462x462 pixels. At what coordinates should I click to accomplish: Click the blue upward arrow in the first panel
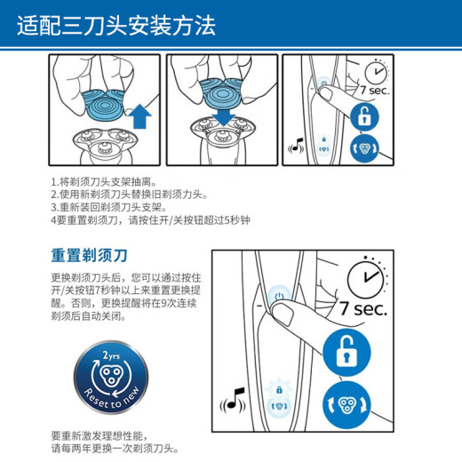(140, 117)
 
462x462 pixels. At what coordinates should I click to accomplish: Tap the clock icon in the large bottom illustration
(367, 278)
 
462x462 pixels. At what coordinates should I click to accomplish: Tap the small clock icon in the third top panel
(376, 72)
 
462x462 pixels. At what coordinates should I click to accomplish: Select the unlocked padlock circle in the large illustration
(346, 353)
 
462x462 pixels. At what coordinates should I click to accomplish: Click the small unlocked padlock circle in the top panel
(364, 116)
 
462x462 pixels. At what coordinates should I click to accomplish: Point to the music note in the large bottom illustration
(233, 401)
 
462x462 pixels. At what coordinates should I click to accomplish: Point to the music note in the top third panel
(296, 146)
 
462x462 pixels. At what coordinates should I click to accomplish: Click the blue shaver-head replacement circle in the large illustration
(346, 405)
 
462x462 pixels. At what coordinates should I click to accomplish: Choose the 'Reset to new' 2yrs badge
(111, 377)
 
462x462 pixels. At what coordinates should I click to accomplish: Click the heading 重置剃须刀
(90, 256)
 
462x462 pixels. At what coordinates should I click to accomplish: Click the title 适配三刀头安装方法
(116, 26)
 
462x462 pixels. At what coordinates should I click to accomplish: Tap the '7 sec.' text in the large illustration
(363, 308)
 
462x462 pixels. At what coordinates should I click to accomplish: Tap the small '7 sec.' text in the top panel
(374, 90)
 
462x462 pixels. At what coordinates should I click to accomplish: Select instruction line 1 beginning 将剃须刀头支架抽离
(104, 181)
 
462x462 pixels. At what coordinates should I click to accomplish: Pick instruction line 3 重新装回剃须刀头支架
(109, 207)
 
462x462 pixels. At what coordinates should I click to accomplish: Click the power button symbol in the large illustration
(279, 296)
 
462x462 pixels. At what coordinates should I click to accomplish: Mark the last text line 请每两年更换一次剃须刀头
(115, 449)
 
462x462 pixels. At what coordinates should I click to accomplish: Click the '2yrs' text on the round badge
(111, 355)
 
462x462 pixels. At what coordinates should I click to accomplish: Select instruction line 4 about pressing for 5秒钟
(150, 220)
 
